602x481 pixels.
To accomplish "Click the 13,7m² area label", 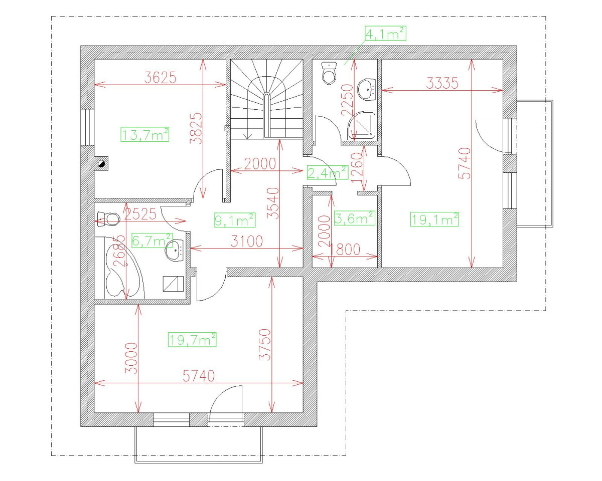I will [x=144, y=135].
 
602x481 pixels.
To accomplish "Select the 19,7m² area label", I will [x=193, y=340].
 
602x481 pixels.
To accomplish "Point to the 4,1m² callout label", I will [x=385, y=34].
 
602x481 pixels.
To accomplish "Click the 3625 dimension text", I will [x=160, y=78].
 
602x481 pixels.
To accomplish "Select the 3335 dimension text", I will [x=442, y=83].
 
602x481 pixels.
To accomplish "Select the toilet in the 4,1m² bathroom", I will [x=330, y=74].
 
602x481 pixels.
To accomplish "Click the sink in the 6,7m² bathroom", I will [x=175, y=250].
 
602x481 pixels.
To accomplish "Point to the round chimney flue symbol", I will [x=102, y=162].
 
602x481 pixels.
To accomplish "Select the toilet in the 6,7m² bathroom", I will [x=109, y=218].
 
